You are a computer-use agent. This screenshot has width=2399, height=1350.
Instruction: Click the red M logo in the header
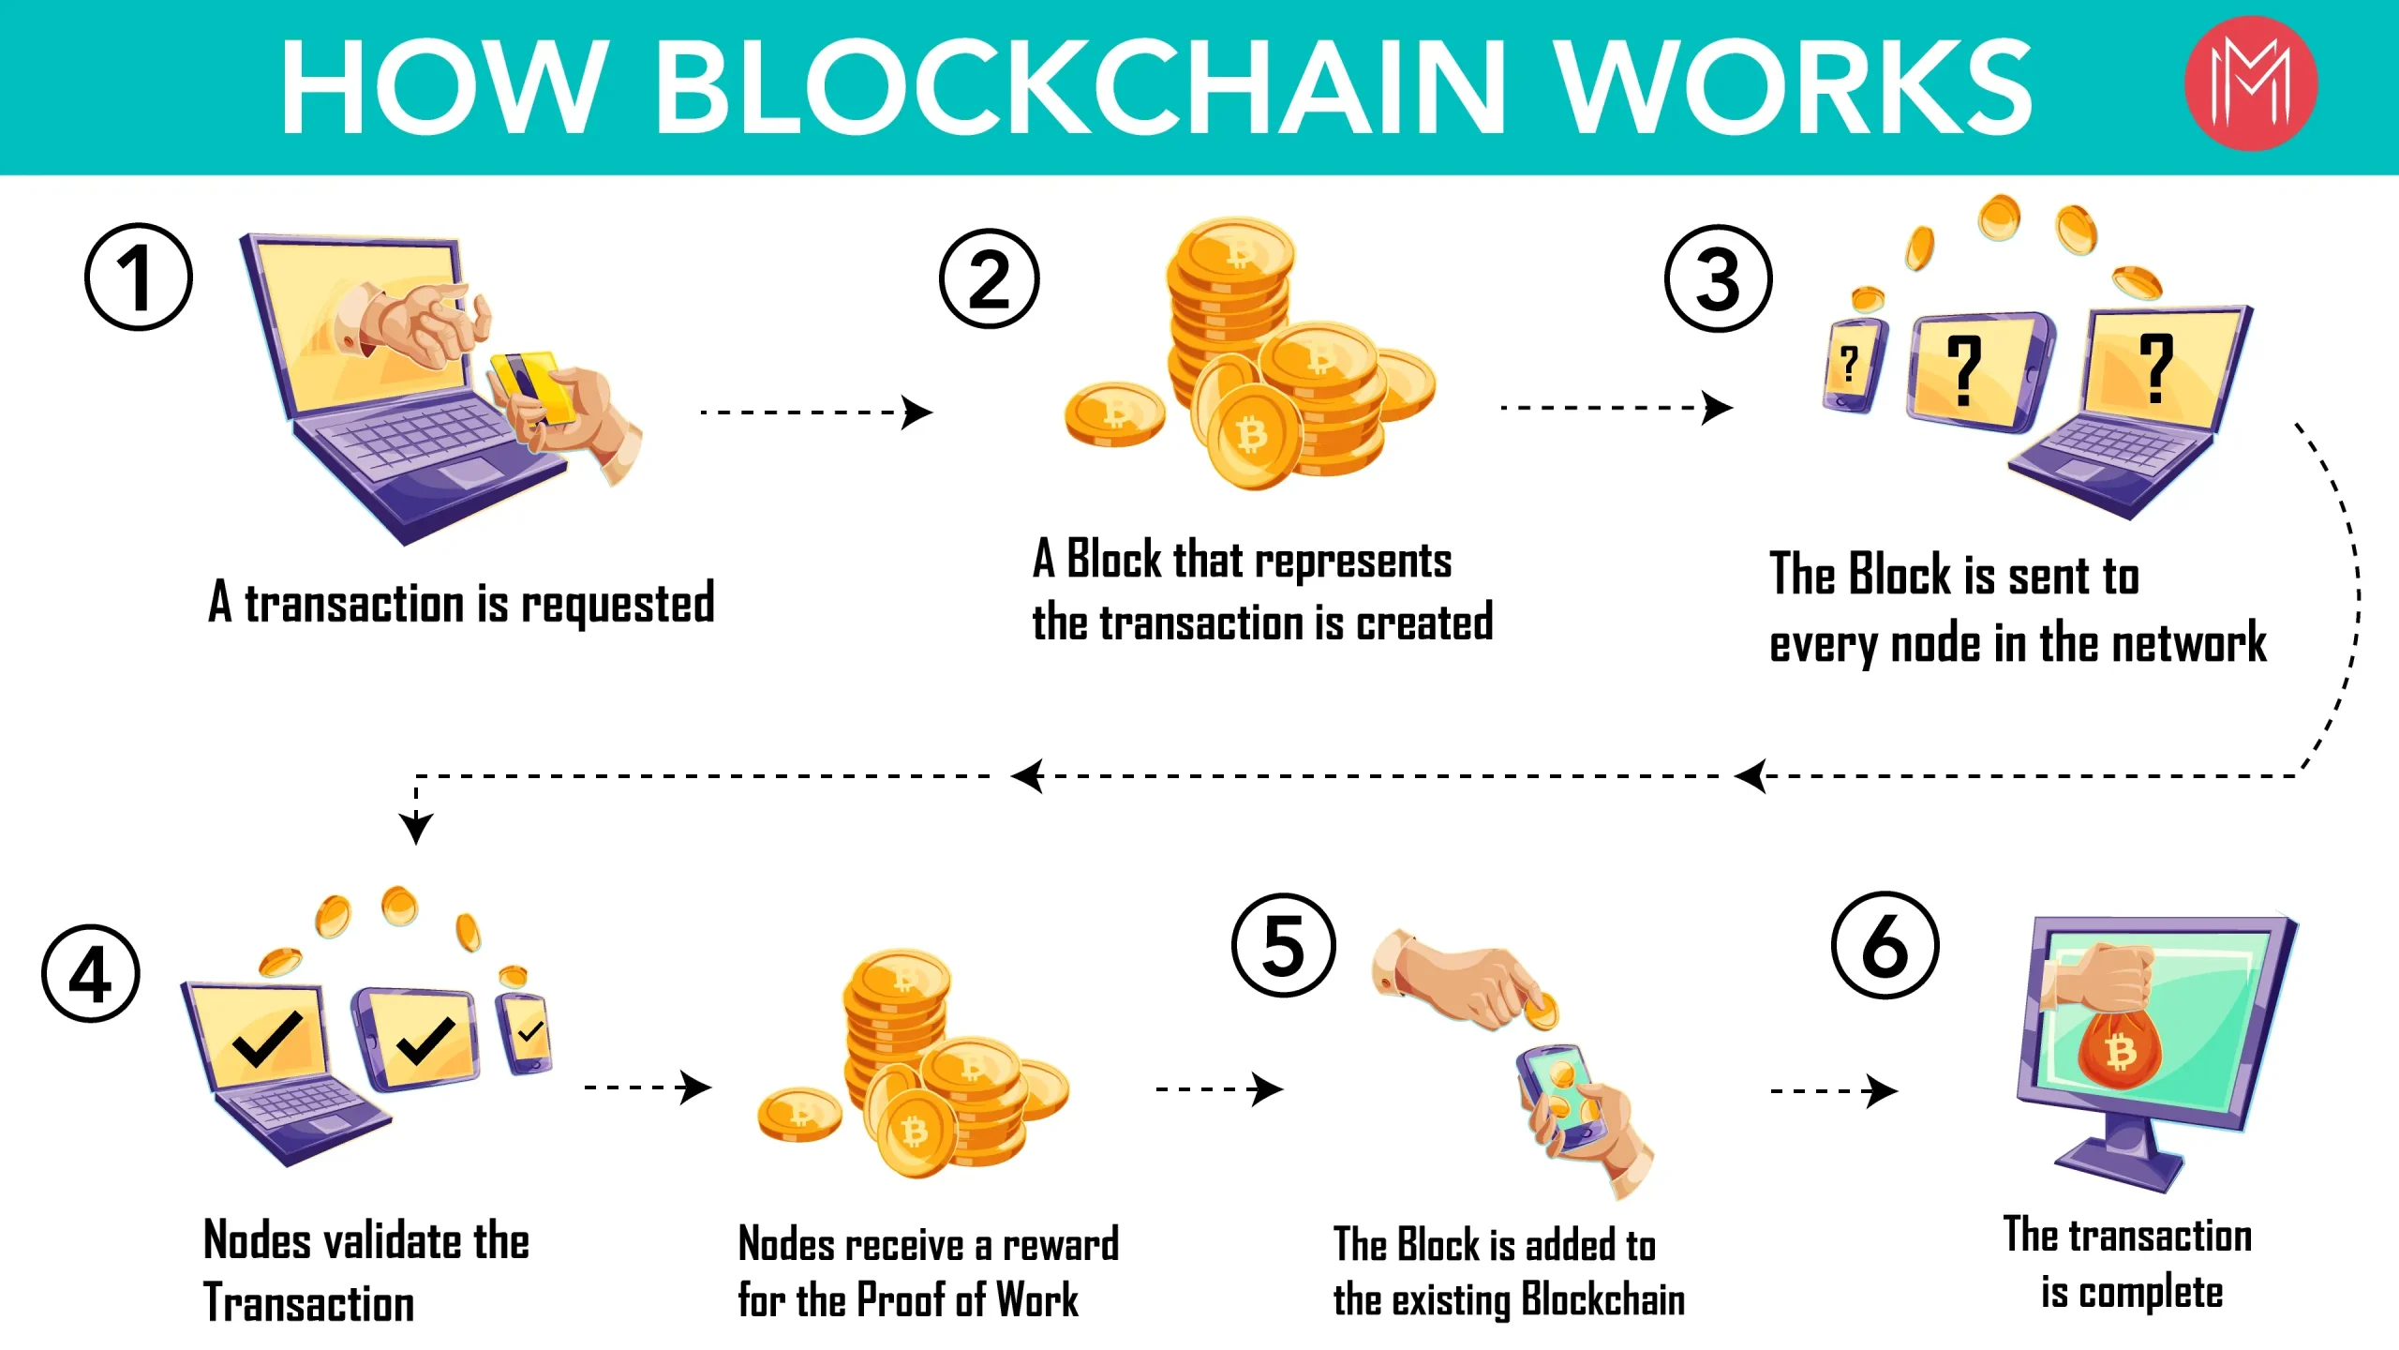(2251, 83)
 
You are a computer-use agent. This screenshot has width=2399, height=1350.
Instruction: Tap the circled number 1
(139, 277)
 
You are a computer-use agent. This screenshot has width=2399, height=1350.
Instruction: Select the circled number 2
(990, 278)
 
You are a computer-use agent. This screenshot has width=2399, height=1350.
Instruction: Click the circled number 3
(1718, 278)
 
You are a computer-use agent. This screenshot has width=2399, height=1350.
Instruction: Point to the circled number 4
(91, 973)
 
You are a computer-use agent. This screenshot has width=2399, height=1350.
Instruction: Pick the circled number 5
(1284, 944)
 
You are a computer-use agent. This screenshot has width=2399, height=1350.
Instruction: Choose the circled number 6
(1885, 944)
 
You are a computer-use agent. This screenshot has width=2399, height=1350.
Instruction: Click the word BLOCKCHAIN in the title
(1081, 87)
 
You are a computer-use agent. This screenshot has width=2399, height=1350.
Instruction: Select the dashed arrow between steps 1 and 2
(816, 412)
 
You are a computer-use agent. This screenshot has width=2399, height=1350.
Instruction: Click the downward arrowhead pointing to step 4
(416, 827)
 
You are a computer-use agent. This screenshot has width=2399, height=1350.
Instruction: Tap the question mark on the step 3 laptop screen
(2156, 368)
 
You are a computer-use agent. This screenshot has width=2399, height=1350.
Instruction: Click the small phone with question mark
(1854, 365)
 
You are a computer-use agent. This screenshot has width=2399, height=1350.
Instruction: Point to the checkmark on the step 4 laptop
(268, 1039)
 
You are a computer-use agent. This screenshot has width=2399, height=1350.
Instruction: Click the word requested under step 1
(618, 604)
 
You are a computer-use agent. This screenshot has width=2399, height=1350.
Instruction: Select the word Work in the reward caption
(1037, 1300)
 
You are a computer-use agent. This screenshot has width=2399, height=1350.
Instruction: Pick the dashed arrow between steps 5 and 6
(1834, 1090)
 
